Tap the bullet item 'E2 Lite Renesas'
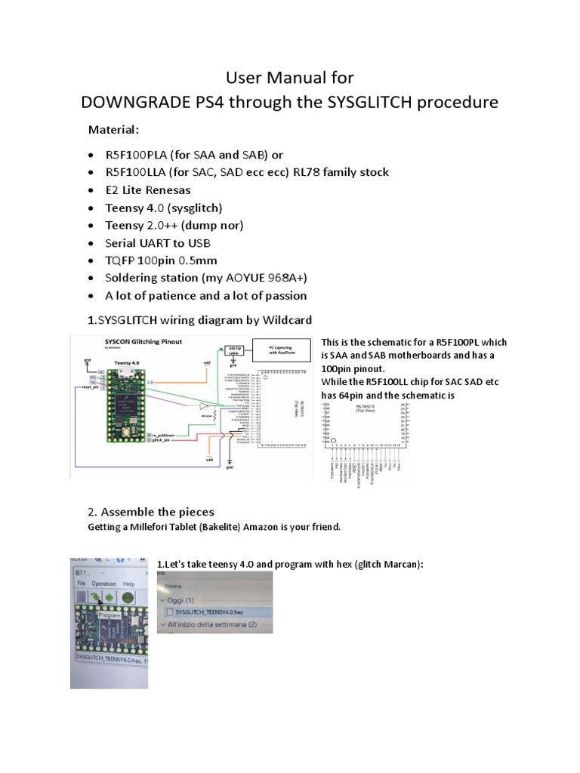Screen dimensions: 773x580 pyautogui.click(x=149, y=189)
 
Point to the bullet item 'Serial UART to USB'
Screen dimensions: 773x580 pyautogui.click(x=159, y=243)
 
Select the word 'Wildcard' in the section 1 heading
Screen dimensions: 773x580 pyautogui.click(x=285, y=320)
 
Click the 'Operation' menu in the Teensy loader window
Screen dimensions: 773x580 pyautogui.click(x=103, y=584)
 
